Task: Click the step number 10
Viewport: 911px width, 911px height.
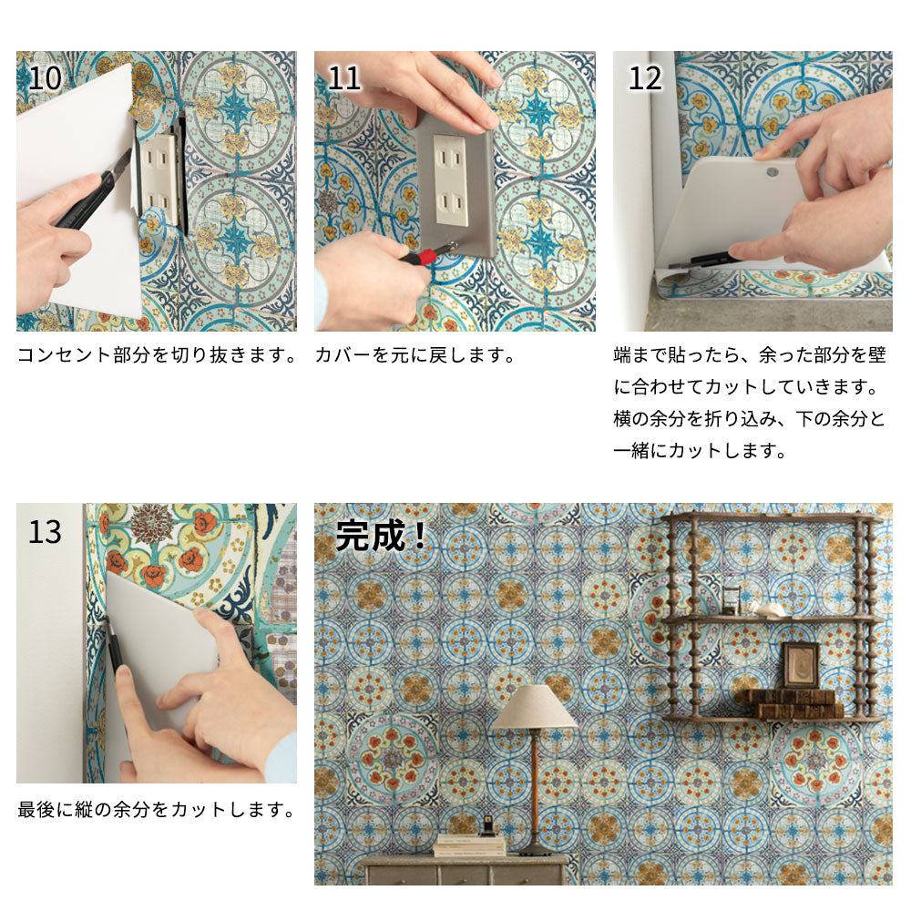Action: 45,78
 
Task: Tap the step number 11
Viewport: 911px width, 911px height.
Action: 343,78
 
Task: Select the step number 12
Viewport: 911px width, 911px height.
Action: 645,78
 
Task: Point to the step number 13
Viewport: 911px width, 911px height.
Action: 45,532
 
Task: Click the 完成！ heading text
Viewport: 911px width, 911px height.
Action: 382,535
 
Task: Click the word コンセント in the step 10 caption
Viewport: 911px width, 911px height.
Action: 64,355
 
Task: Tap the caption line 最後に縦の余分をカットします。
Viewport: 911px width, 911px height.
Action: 157,809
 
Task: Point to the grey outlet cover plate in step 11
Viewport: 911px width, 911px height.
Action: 455,185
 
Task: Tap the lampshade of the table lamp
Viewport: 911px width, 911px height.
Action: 534,707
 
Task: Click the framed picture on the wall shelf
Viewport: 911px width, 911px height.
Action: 801,666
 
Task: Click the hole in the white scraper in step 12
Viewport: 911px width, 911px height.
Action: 772,172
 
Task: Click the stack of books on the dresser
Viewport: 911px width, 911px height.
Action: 469,845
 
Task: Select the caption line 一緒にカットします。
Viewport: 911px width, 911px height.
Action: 700,450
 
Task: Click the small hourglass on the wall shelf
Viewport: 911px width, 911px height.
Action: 732,599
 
